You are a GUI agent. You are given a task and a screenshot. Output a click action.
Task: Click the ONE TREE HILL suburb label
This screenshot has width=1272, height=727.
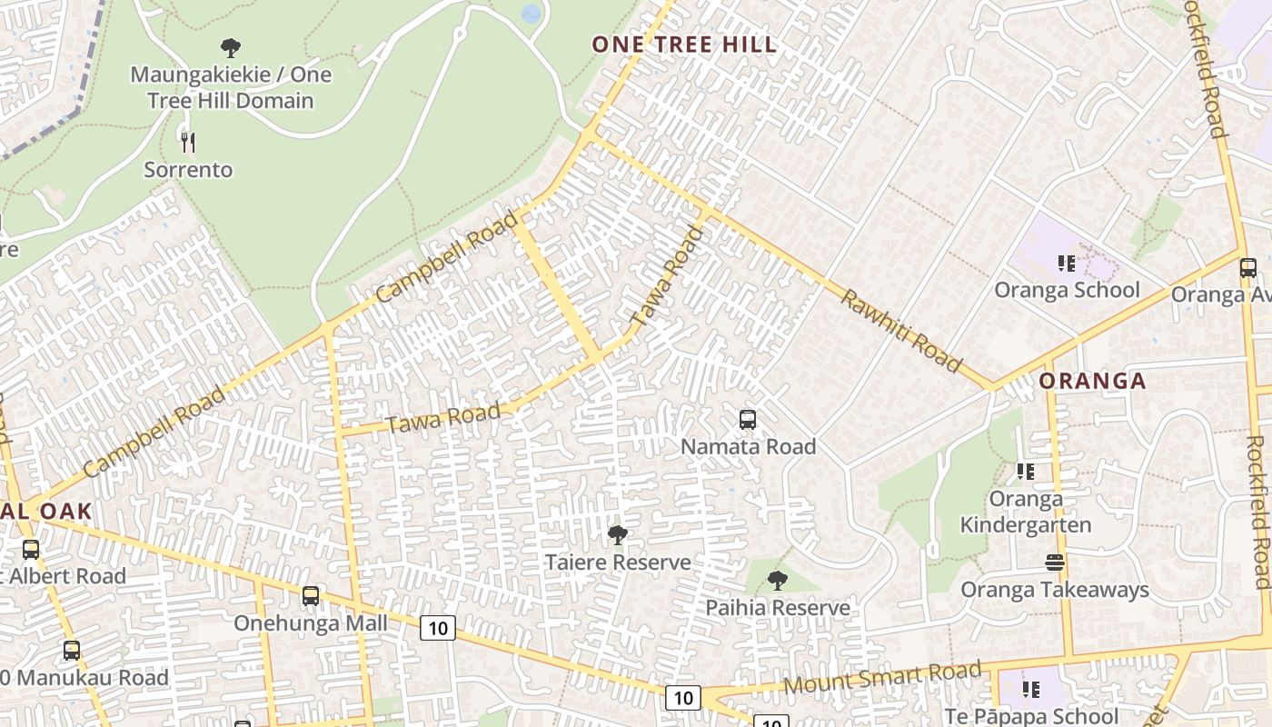coord(684,45)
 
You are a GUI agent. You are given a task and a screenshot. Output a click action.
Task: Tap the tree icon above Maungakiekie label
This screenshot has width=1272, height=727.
coord(231,47)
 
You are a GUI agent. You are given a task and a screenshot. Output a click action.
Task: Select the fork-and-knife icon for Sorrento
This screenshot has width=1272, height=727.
coord(188,142)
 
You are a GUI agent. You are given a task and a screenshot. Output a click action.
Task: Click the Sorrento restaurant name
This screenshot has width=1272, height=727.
coord(188,170)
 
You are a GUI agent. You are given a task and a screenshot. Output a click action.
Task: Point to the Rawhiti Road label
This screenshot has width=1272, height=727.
coord(900,331)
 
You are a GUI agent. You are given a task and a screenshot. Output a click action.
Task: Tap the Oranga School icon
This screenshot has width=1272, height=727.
coord(1067,264)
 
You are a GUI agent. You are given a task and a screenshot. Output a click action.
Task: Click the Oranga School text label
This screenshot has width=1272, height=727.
coord(1067,290)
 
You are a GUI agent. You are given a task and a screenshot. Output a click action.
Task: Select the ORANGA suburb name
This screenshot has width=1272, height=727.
coord(1092,381)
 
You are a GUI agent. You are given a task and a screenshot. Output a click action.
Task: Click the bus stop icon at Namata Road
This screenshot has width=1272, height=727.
coord(748,420)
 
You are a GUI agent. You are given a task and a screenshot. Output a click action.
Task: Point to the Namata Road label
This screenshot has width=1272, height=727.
coord(748,446)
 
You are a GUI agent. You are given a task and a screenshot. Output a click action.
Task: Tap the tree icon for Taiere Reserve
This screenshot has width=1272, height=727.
coord(618,535)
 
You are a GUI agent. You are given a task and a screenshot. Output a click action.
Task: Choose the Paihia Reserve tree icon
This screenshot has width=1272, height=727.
coord(777,580)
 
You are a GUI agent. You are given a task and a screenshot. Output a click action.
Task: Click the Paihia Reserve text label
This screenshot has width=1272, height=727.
coord(778,607)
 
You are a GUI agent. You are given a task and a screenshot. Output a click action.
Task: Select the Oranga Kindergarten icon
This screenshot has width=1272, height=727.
coord(1026,471)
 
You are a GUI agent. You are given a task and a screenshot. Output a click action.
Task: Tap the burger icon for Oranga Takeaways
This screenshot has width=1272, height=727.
coord(1055,563)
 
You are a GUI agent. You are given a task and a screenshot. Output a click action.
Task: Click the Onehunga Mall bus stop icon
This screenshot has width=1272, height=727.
coord(311,596)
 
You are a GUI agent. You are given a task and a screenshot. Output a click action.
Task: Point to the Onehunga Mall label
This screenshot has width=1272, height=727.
coord(311,623)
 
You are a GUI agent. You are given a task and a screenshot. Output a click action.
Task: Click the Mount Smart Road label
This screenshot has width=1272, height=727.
coord(882,678)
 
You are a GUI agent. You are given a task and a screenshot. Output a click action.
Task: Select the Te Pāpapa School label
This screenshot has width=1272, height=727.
coord(1031,716)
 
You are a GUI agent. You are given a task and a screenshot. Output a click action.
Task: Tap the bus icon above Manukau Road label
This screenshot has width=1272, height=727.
coord(72,651)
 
